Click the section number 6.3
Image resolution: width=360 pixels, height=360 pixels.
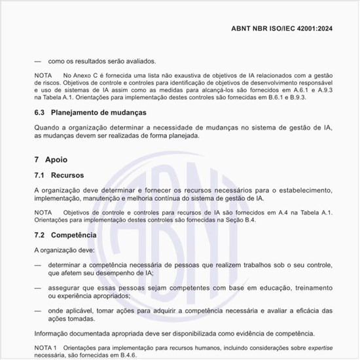[x=39, y=112]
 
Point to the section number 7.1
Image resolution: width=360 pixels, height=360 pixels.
[x=39, y=175]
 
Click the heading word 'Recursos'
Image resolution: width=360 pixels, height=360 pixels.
[x=67, y=175]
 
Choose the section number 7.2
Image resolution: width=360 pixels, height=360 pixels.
[x=39, y=234]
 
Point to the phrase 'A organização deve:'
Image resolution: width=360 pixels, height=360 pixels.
[x=64, y=250]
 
